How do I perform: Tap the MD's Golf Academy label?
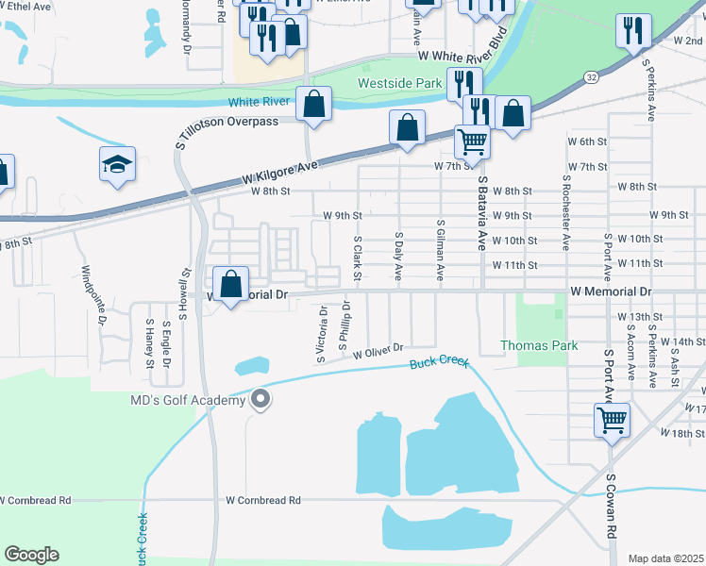(187, 400)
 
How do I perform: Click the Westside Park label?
(400, 83)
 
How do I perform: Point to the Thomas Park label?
(539, 345)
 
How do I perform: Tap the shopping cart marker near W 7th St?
(472, 141)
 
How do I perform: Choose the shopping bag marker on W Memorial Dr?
(231, 284)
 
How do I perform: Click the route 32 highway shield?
(590, 75)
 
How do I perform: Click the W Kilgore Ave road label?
(280, 172)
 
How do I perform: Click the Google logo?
(31, 555)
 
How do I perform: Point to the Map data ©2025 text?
(665, 558)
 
